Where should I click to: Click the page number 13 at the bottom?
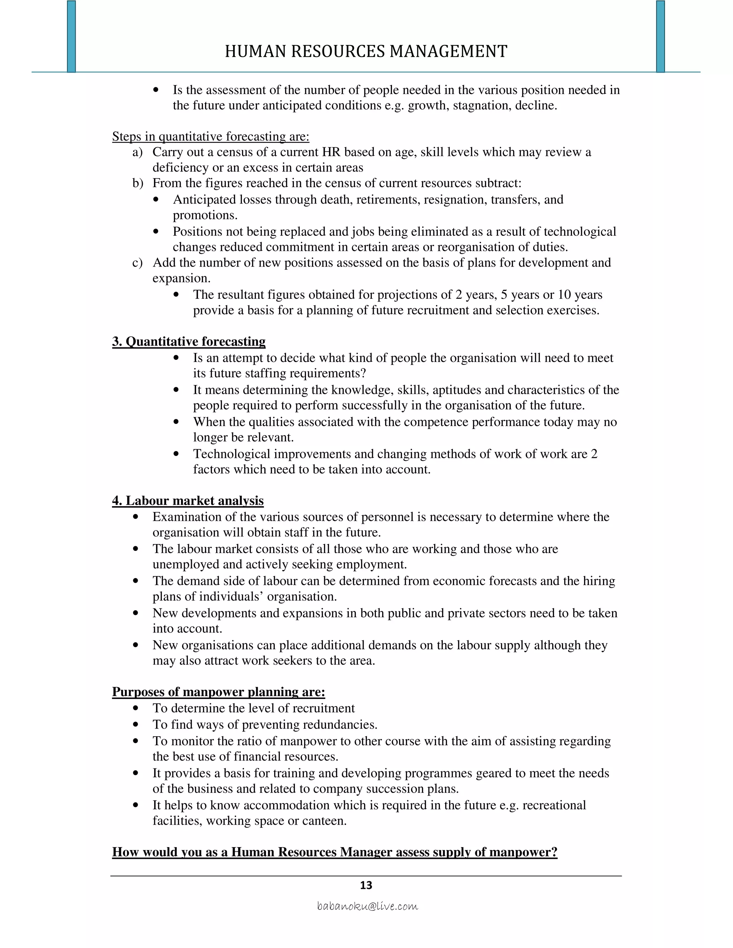[x=366, y=885]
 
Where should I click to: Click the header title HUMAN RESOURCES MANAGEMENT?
[x=366, y=52]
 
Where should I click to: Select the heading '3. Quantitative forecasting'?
[x=189, y=342]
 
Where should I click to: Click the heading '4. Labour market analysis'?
[x=188, y=501]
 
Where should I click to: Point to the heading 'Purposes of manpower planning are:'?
[x=218, y=692]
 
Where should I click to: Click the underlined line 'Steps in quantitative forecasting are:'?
[x=210, y=137]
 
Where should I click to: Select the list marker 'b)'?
[x=138, y=183]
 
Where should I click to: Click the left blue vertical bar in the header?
[x=72, y=37]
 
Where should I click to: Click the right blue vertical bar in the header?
[x=660, y=37]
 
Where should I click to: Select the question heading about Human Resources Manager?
[x=334, y=852]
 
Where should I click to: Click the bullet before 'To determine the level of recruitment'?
[x=136, y=708]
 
